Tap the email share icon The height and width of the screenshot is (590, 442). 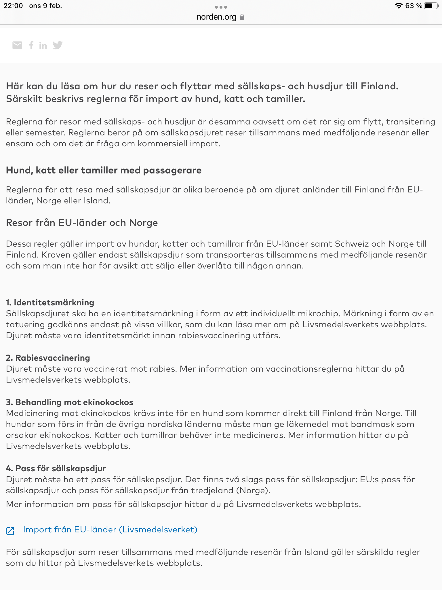[x=17, y=45]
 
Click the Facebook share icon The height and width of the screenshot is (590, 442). [x=31, y=45]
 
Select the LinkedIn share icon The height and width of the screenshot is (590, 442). [x=43, y=46]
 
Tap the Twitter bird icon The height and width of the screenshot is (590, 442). [x=58, y=45]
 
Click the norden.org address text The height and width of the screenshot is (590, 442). [x=216, y=17]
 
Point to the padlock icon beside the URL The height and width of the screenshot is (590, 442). [x=242, y=17]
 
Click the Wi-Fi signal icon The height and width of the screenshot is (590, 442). [x=399, y=6]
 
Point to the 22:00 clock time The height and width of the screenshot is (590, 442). [x=13, y=6]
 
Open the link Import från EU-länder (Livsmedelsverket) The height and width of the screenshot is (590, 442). [x=110, y=530]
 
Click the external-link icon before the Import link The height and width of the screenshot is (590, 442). [x=10, y=531]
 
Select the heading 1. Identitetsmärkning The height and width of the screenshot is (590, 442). [x=50, y=302]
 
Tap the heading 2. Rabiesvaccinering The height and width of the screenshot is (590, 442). [x=48, y=358]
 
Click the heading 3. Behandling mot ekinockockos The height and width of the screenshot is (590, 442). [x=70, y=402]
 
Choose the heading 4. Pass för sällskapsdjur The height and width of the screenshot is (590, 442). [x=56, y=468]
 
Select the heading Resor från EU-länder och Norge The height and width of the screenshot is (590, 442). [x=82, y=223]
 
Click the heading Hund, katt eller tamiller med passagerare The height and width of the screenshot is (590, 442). [x=104, y=170]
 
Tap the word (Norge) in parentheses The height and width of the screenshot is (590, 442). [x=253, y=490]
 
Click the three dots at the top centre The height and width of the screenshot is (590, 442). [x=221, y=7]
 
